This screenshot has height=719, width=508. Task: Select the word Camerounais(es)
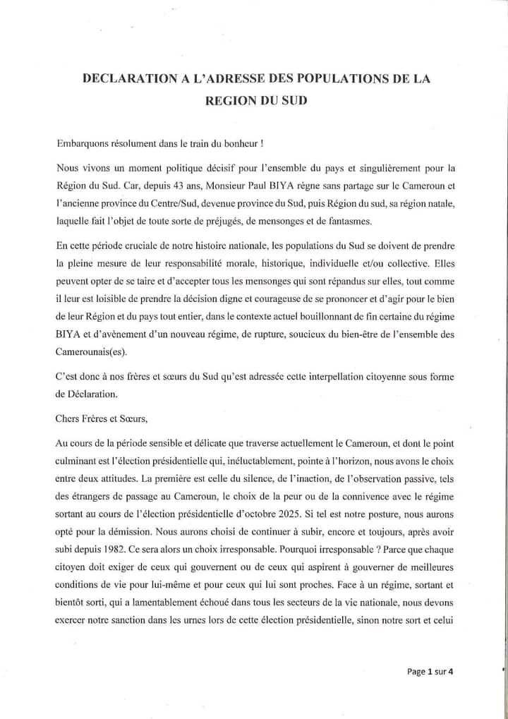point(87,353)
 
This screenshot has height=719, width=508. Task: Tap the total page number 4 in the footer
point(451,672)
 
